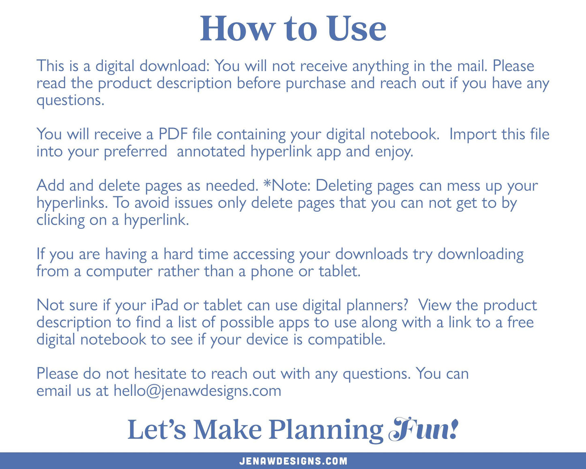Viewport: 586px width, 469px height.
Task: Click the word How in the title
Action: click(237, 29)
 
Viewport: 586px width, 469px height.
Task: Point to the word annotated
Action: click(211, 151)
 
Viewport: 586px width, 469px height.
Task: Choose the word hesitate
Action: click(160, 373)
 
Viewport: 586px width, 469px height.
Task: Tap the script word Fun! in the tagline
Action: click(424, 430)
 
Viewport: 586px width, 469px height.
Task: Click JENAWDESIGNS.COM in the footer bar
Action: click(293, 461)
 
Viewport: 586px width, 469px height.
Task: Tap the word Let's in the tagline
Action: click(157, 430)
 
